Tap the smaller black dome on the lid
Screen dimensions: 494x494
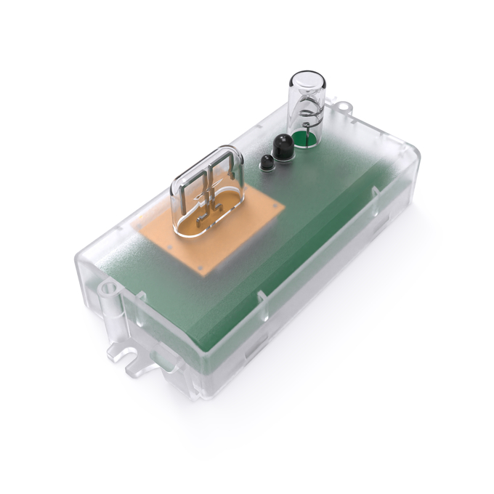[266, 162]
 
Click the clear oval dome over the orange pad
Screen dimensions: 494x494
[207, 190]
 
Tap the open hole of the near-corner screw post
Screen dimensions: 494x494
[109, 289]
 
